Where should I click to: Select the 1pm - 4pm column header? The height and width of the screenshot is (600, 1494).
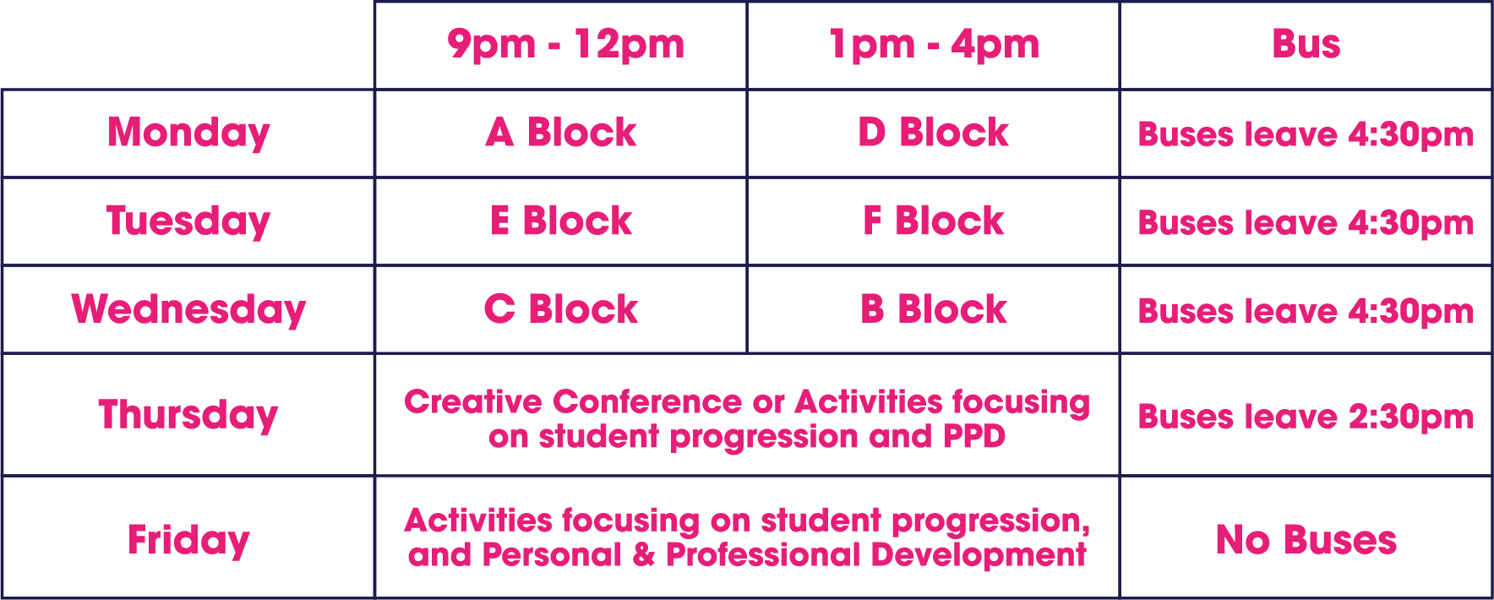pyautogui.click(x=934, y=45)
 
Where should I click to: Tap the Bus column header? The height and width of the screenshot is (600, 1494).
pyautogui.click(x=1306, y=44)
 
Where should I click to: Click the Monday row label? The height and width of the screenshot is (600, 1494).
pyautogui.click(x=188, y=134)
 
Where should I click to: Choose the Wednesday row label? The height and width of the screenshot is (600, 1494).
pyautogui.click(x=188, y=310)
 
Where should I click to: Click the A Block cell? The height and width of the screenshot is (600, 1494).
pyautogui.click(x=561, y=133)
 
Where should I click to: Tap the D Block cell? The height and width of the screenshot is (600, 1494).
pyautogui.click(x=934, y=133)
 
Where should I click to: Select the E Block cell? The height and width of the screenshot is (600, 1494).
pyautogui.click(x=561, y=221)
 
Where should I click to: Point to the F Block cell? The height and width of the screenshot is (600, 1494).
pyautogui.click(x=934, y=221)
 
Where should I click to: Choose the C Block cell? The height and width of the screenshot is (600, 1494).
pyautogui.click(x=561, y=309)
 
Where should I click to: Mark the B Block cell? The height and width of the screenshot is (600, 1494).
pyautogui.click(x=934, y=309)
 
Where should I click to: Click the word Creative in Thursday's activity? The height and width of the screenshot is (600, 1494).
pyautogui.click(x=474, y=402)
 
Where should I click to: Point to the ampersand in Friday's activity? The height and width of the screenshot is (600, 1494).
pyautogui.click(x=644, y=555)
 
